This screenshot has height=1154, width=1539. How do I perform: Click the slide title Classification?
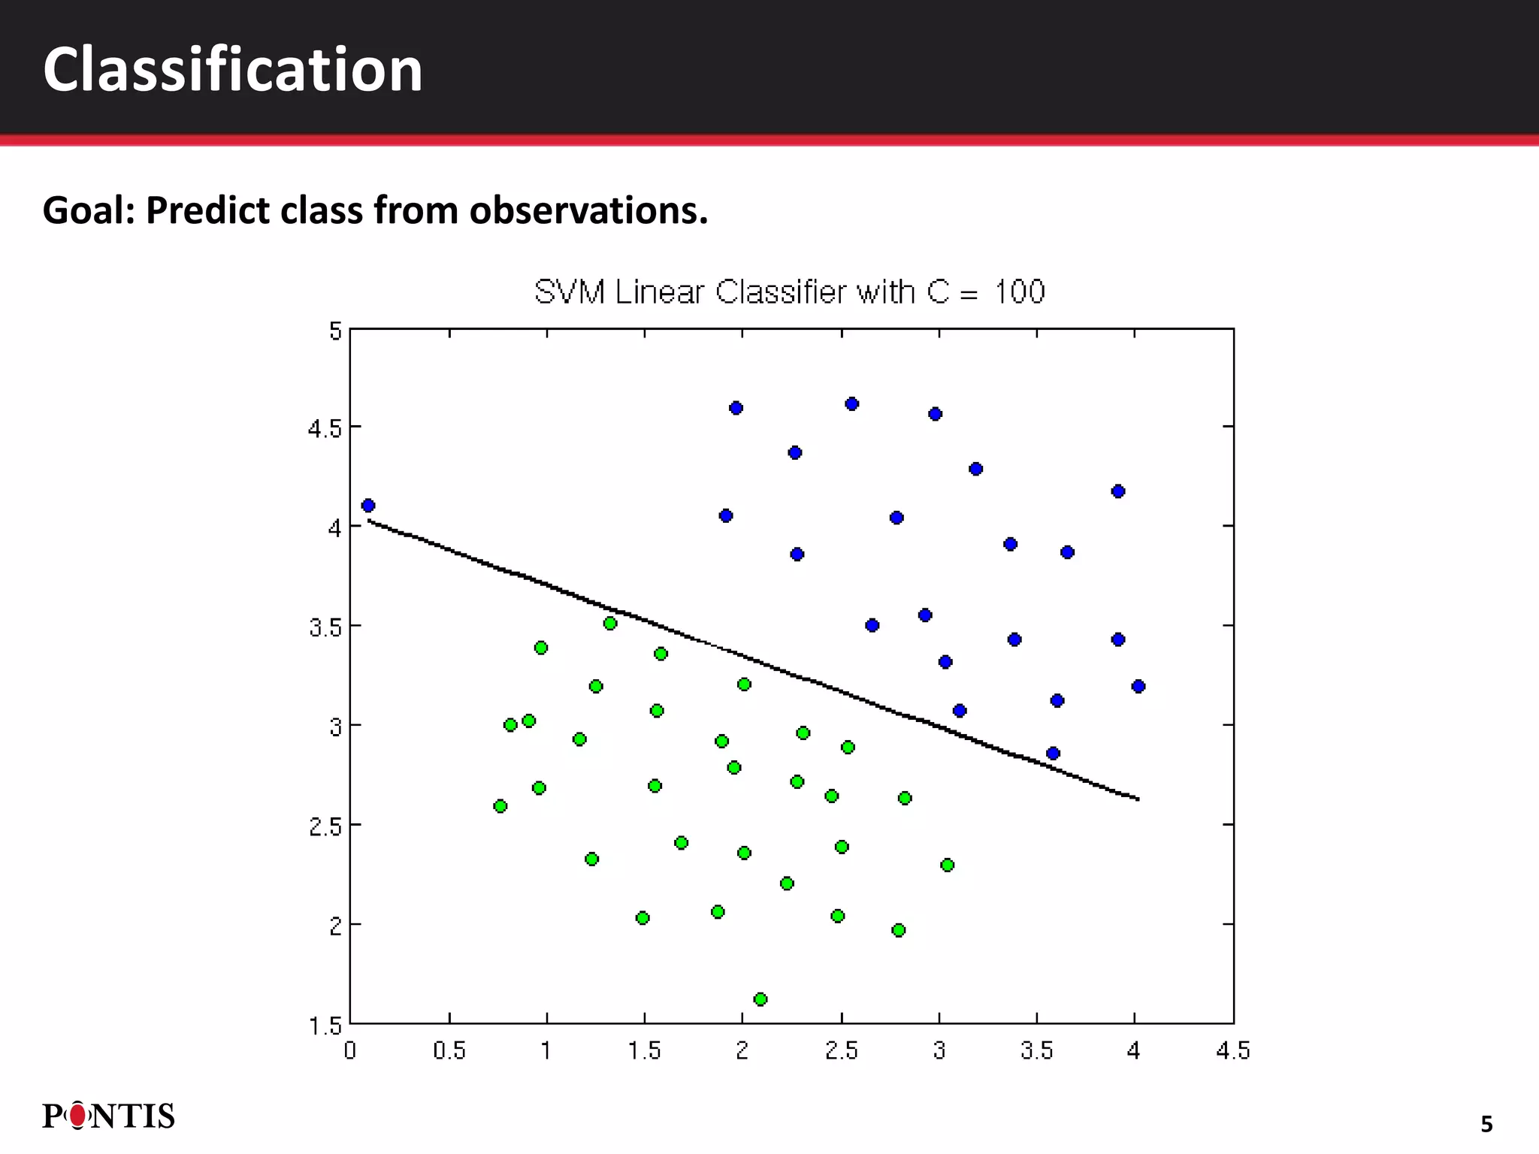(x=233, y=69)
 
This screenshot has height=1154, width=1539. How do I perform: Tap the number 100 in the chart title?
(x=1020, y=292)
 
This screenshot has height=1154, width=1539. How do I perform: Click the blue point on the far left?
(x=368, y=506)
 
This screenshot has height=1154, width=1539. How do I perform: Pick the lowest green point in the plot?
(x=760, y=999)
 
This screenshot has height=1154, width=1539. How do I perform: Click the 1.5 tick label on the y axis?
(x=325, y=1026)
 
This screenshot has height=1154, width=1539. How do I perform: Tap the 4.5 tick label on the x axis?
(x=1233, y=1050)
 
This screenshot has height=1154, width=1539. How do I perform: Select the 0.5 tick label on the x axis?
(x=449, y=1050)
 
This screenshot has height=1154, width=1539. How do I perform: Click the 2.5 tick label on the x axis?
(x=842, y=1050)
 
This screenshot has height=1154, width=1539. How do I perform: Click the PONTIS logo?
(x=109, y=1116)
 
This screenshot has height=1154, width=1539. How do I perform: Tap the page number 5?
(x=1486, y=1125)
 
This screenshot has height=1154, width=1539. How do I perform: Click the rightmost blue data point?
(x=1138, y=686)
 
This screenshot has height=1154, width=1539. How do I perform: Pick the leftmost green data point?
(x=500, y=806)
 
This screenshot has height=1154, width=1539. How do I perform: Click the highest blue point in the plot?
(x=852, y=404)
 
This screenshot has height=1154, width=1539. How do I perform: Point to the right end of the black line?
(x=1138, y=799)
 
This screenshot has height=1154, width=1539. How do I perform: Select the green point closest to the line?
(x=610, y=624)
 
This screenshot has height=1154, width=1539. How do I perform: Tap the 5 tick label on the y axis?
(x=335, y=331)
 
